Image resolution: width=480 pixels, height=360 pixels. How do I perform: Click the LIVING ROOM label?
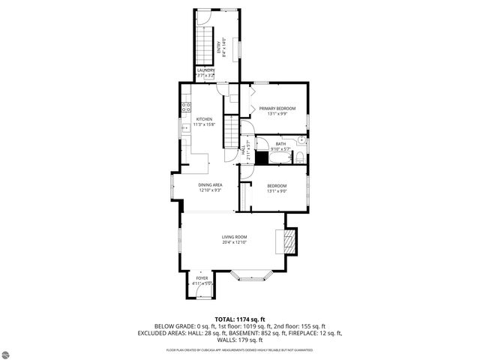coord(234,237)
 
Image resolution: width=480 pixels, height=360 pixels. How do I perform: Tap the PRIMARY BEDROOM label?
coord(277,109)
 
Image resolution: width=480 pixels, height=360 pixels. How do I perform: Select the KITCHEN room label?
coord(204,119)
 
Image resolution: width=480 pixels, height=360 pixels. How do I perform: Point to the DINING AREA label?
coord(210,184)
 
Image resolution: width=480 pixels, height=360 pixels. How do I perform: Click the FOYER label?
coord(202,278)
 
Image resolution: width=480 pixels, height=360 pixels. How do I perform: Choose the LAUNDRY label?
coord(205,70)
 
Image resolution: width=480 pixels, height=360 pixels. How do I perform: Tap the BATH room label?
coord(280,144)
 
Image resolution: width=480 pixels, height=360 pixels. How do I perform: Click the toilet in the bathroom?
coord(298,157)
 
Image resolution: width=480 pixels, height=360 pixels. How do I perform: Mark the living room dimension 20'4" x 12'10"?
coord(234,243)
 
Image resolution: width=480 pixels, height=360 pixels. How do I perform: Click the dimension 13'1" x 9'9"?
coord(277,115)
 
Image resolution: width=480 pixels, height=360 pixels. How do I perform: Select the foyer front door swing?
coord(201,294)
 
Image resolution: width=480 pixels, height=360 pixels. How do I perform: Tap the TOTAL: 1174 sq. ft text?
coord(239,319)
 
